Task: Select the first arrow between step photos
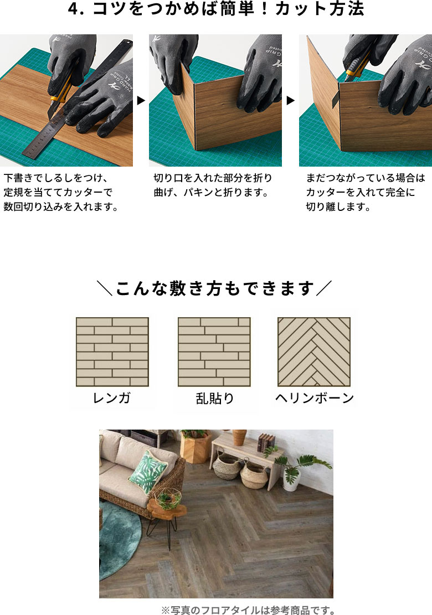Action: (141, 101)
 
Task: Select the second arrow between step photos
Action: (290, 101)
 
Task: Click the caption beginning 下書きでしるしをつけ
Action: (61, 193)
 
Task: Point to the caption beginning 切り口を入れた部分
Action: (213, 185)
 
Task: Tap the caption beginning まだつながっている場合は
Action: (365, 193)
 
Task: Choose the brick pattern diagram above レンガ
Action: (112, 352)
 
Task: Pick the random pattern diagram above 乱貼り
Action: (214, 352)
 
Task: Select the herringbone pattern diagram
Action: (314, 352)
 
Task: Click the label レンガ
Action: (112, 398)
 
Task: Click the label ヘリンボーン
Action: (314, 398)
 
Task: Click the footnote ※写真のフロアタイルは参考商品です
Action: (248, 610)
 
